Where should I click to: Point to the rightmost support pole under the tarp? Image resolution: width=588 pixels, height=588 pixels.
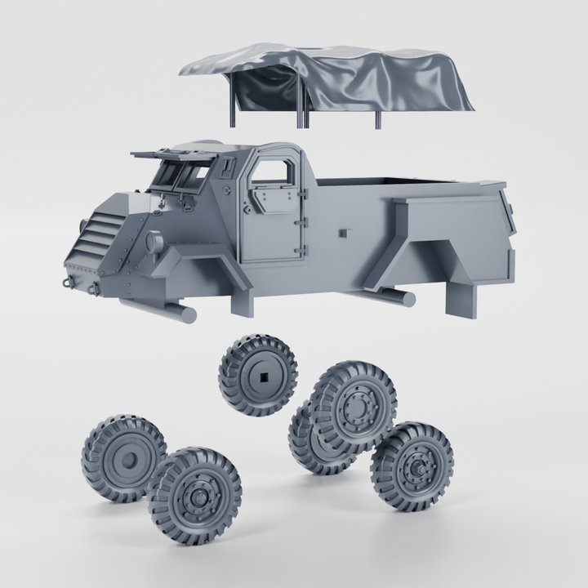click(378, 119)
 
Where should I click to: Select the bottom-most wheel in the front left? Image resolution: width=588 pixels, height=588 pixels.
click(194, 495)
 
